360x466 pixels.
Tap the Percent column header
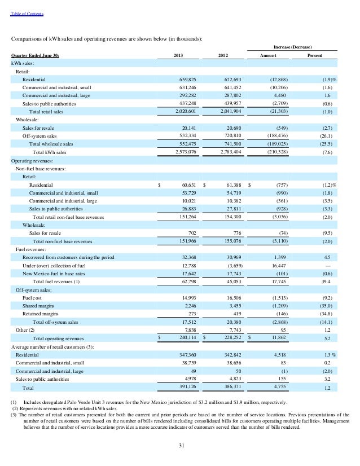pos(315,55)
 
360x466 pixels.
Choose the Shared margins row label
pos(37,305)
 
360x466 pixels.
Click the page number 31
pos(180,447)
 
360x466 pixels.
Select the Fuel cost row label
pos(32,297)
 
